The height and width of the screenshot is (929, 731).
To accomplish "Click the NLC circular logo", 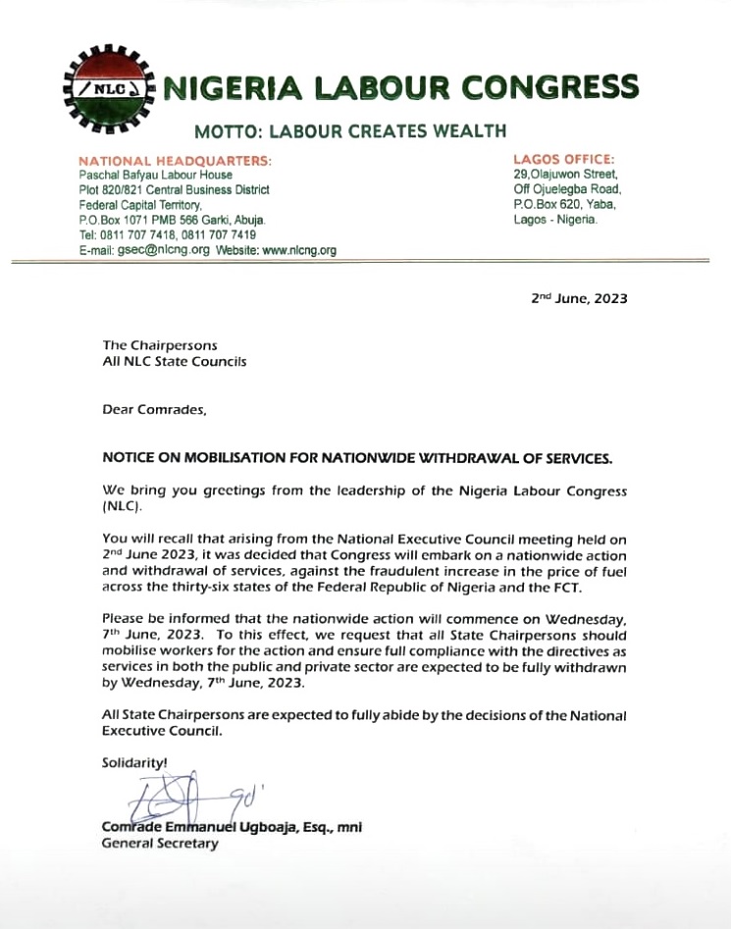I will [102, 88].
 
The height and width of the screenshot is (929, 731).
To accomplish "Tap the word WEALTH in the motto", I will [467, 129].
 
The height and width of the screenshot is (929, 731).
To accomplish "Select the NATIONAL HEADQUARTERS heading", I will [175, 161].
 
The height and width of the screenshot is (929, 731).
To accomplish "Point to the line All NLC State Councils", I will [175, 361].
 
